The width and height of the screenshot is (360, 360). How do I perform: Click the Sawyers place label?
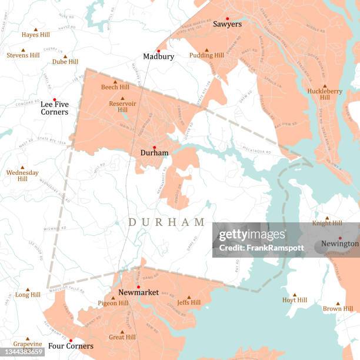click(227, 24)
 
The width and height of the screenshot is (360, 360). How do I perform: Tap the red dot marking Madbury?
click(158, 51)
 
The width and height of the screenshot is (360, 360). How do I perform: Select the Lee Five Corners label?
click(54, 108)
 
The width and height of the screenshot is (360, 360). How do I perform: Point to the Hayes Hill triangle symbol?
click(35, 29)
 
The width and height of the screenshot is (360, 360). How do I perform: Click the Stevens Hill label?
click(23, 55)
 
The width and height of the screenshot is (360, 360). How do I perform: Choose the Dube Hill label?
click(65, 62)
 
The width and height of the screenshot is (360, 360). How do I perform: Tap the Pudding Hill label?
click(206, 55)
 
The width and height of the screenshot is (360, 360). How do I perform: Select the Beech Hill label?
click(115, 87)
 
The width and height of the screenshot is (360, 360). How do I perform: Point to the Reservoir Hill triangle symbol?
click(122, 98)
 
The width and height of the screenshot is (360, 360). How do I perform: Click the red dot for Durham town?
click(154, 147)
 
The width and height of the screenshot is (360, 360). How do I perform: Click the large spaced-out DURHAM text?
click(166, 222)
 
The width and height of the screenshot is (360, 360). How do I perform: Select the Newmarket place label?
click(138, 292)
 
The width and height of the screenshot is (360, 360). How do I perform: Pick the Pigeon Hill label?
click(113, 304)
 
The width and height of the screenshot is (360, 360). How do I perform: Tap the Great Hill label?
click(122, 338)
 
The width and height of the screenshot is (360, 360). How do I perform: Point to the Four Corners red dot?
click(70, 340)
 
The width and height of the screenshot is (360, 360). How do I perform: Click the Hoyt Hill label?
click(294, 300)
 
